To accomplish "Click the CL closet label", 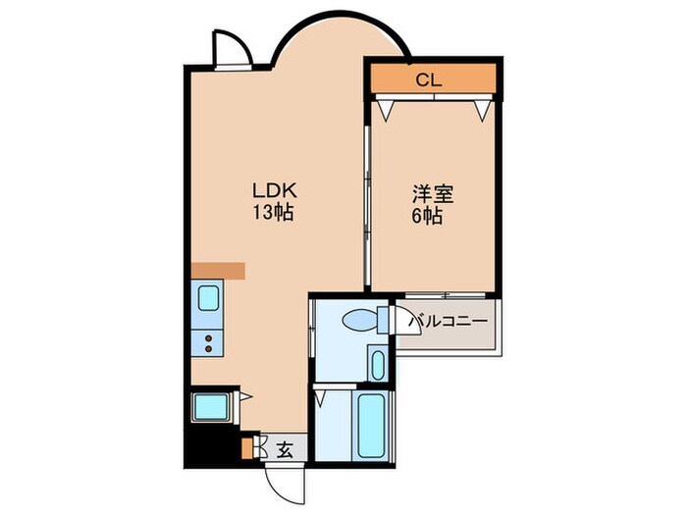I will coord(428,80).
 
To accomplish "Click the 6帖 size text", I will coord(427,217).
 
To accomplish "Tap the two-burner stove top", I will coord(209,342).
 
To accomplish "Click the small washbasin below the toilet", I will coord(377,363).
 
